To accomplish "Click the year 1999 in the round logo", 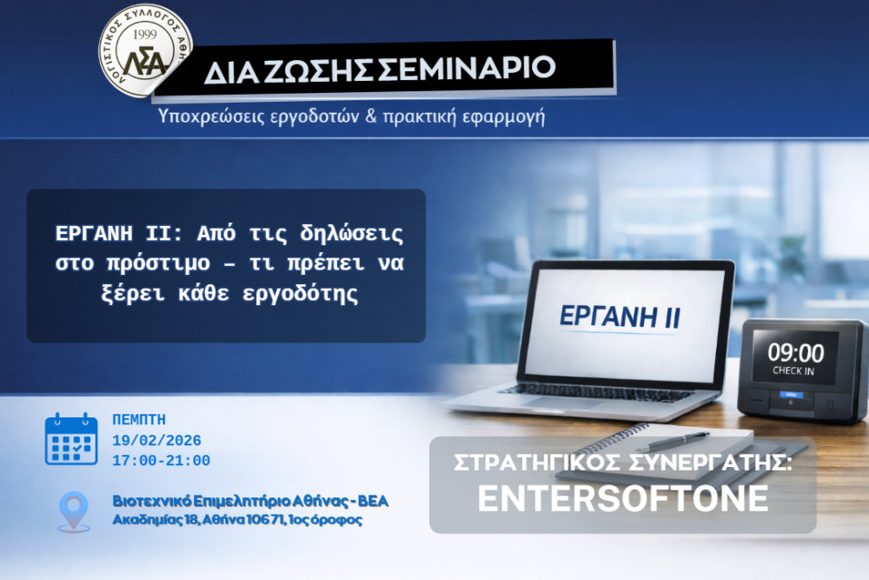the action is (x=144, y=35).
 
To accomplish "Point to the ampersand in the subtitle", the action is (x=371, y=116).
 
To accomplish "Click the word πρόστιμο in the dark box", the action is (x=158, y=263).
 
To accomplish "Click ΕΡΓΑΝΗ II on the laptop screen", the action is (x=620, y=317).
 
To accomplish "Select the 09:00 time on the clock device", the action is (x=795, y=353).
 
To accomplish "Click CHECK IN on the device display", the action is (x=793, y=371).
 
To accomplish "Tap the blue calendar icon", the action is (x=71, y=438).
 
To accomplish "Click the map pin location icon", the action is (x=74, y=511).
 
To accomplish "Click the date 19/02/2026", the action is (x=156, y=441).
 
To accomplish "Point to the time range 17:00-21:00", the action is (x=162, y=461).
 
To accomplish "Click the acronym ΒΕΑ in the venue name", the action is (x=373, y=501).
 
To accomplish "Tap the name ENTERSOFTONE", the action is (x=623, y=498).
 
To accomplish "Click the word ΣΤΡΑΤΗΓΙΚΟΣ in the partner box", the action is (x=537, y=463).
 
